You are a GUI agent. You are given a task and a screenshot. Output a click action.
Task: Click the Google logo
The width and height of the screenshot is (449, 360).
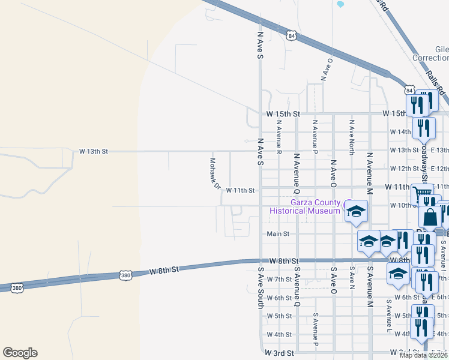(x=20, y=353)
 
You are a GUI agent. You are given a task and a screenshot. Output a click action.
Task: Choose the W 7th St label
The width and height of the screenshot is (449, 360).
(x=279, y=280)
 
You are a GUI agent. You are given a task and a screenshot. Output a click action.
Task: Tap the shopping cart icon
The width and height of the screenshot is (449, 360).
(x=423, y=194)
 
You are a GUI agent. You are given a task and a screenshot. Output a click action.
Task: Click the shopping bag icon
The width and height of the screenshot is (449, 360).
(x=430, y=217)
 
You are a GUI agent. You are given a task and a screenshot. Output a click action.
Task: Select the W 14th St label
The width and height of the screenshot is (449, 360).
(x=400, y=131)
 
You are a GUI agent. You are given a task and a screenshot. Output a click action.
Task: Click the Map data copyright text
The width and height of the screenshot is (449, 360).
(x=423, y=355)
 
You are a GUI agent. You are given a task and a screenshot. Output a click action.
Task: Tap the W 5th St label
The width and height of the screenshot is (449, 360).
(x=279, y=316)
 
